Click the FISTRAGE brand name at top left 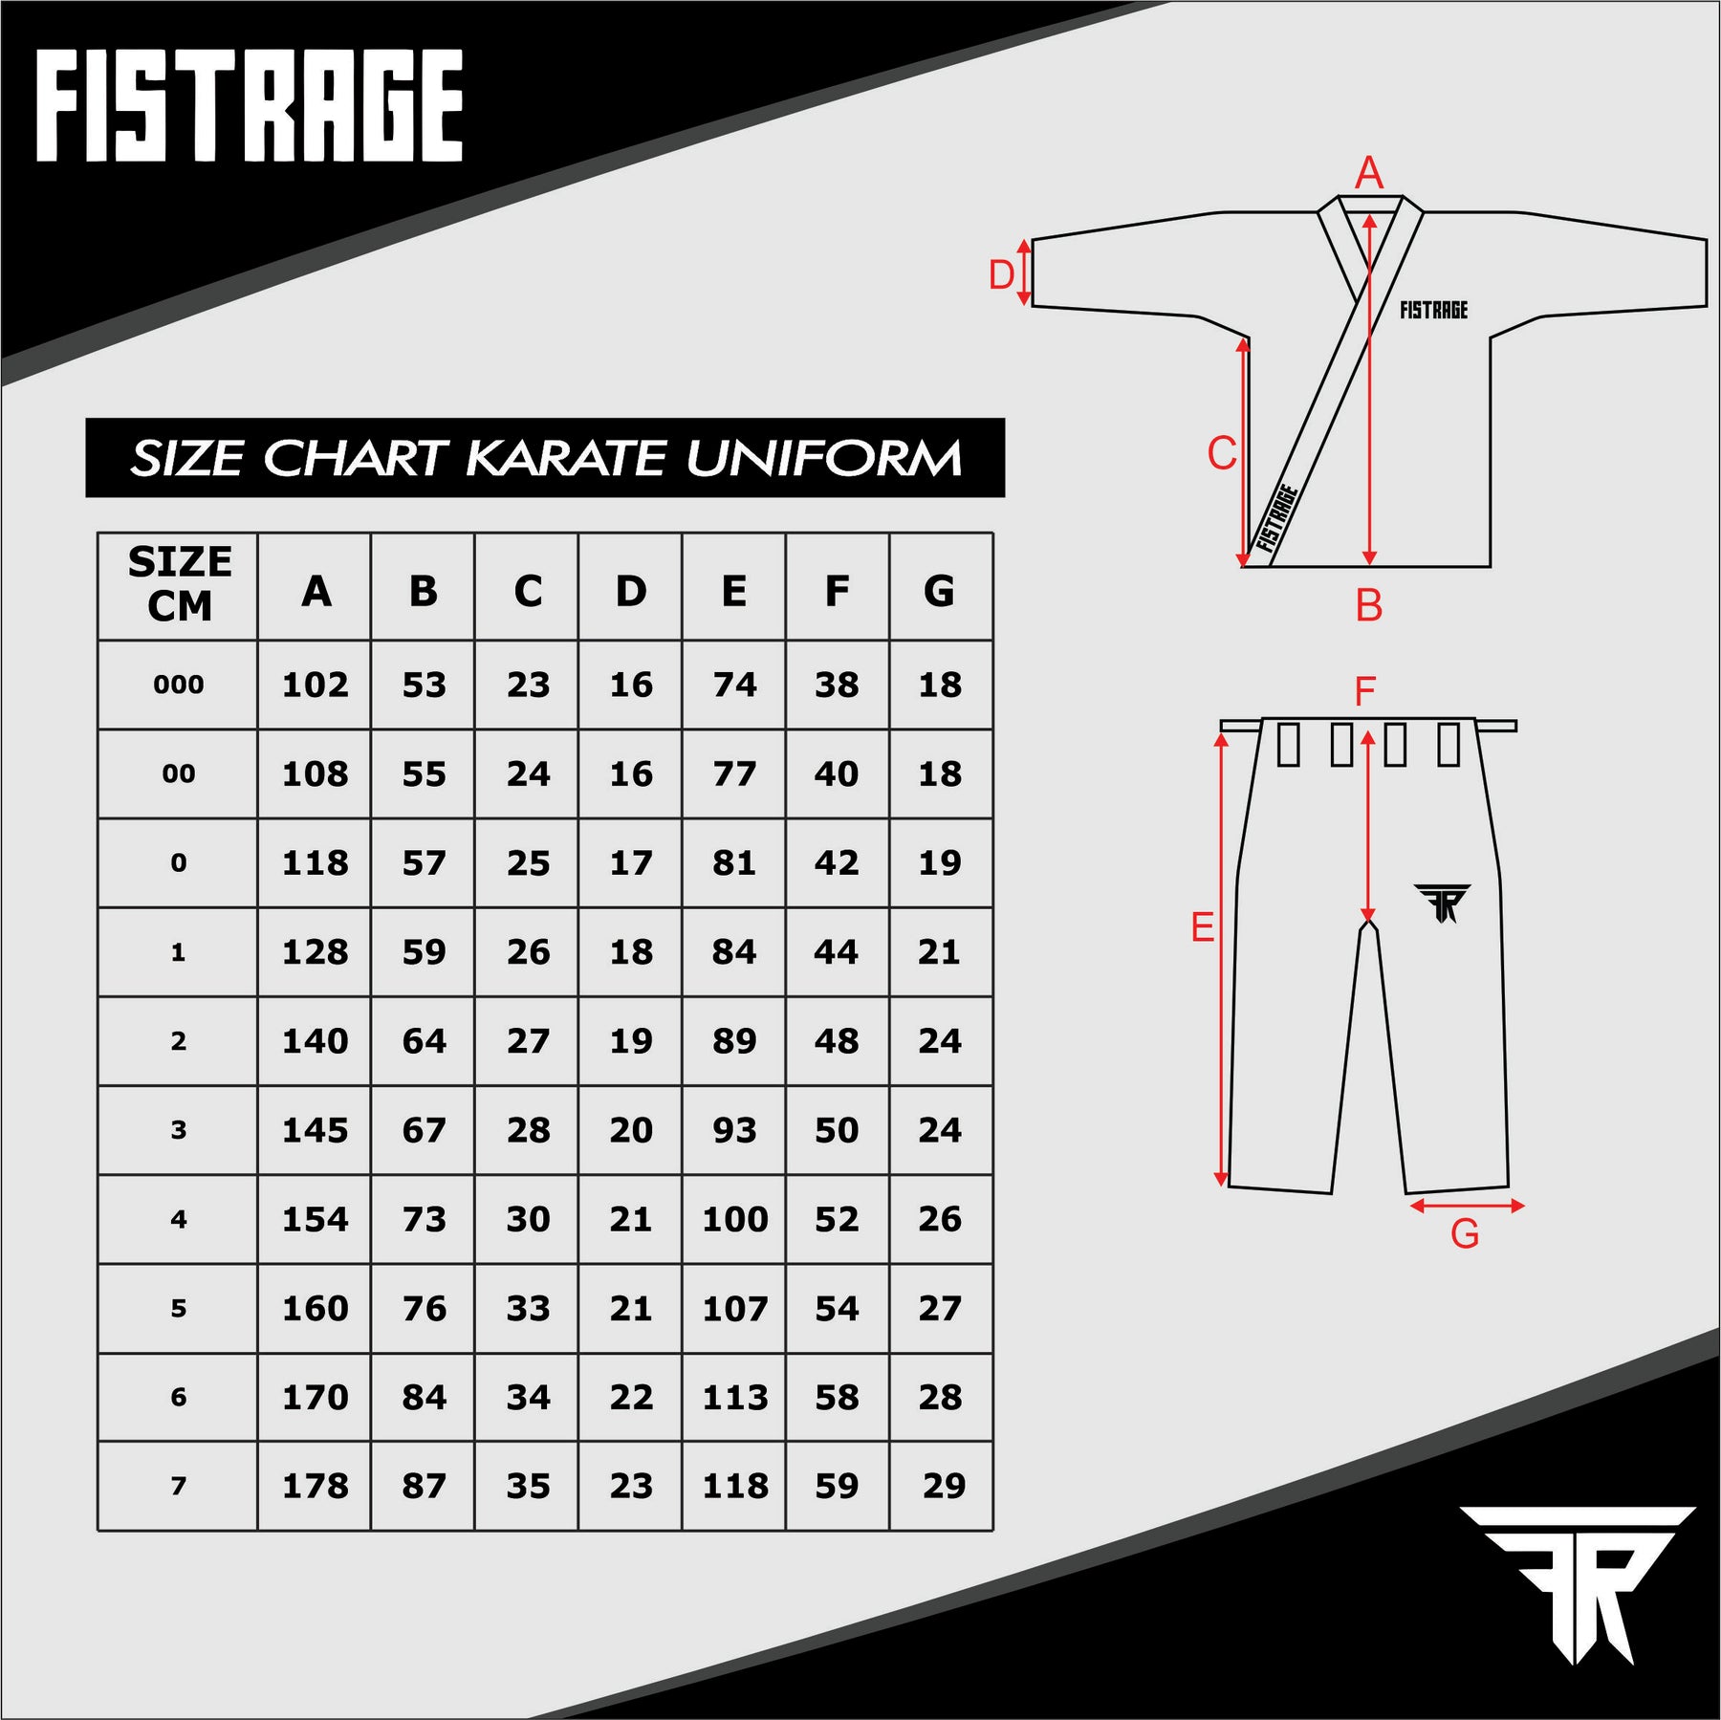pyautogui.click(x=250, y=105)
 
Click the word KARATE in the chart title pyautogui.click(x=566, y=458)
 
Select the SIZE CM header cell pyautogui.click(x=179, y=584)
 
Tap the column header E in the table pyautogui.click(x=733, y=591)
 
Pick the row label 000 pyautogui.click(x=178, y=685)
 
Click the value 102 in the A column pyautogui.click(x=315, y=685)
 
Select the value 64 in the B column pyautogui.click(x=424, y=1040)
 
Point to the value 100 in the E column pyautogui.click(x=734, y=1219)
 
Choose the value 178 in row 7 pyautogui.click(x=315, y=1486)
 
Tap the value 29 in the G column pyautogui.click(x=944, y=1486)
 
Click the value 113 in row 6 pyautogui.click(x=734, y=1397)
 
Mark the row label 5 pyautogui.click(x=178, y=1308)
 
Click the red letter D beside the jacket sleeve pyautogui.click(x=1000, y=275)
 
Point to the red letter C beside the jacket pyautogui.click(x=1222, y=453)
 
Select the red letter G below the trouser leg pyautogui.click(x=1464, y=1234)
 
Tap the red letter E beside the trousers pyautogui.click(x=1202, y=927)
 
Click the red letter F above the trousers pyautogui.click(x=1365, y=692)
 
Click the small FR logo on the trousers pyautogui.click(x=1443, y=903)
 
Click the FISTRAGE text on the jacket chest pyautogui.click(x=1433, y=310)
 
